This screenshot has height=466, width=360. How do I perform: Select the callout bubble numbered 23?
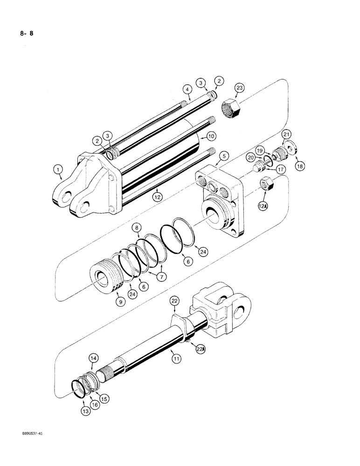point(239,87)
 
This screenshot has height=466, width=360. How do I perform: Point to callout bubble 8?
point(136,228)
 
